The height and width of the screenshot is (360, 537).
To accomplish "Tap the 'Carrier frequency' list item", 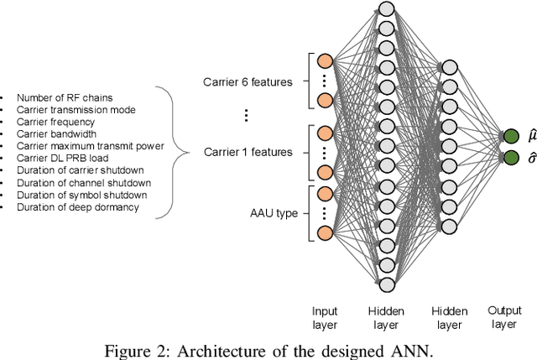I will pyautogui.click(x=52, y=121).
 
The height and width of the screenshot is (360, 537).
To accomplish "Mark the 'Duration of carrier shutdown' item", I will pyautogui.click(x=78, y=170).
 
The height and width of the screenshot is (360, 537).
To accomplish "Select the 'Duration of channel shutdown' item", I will pyautogui.click(x=79, y=182).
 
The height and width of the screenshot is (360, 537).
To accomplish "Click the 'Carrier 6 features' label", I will pyautogui.click(x=248, y=81).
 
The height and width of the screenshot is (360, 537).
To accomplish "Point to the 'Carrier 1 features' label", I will pyautogui.click(x=248, y=152).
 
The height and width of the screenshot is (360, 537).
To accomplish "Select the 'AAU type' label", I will pyautogui.click(x=275, y=213).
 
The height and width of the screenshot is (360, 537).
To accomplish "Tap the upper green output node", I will pyautogui.click(x=509, y=136).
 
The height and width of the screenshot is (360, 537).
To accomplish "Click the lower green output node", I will pyautogui.click(x=509, y=157).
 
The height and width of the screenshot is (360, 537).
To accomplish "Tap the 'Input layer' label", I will pyautogui.click(x=324, y=317).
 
